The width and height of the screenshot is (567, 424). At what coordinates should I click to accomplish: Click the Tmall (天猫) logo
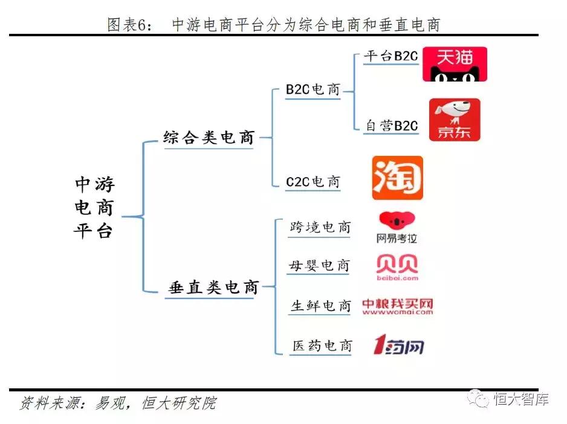[x=454, y=64]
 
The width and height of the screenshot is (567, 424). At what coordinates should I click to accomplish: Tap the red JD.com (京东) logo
[x=455, y=120]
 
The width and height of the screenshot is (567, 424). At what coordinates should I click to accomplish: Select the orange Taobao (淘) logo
[x=397, y=178]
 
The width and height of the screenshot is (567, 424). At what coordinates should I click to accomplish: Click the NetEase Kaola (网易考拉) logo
[x=397, y=228]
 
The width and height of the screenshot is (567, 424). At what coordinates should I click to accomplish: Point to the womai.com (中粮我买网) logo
[x=397, y=307]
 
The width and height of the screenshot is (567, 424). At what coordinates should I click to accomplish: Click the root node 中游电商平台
[x=95, y=208]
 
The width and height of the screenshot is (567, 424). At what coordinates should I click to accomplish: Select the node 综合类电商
[x=209, y=137]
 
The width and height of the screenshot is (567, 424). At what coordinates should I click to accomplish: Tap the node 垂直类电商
[x=213, y=287]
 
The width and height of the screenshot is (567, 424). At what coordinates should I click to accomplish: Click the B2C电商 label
[x=313, y=89]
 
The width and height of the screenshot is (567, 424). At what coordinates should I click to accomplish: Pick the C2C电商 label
[x=313, y=182]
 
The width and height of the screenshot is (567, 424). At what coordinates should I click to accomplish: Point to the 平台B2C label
[x=390, y=57]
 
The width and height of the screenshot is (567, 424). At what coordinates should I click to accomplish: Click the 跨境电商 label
[x=320, y=228]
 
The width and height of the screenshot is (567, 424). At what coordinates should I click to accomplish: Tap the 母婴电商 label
[x=320, y=266]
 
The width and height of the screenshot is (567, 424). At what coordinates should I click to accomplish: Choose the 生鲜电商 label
[x=320, y=306]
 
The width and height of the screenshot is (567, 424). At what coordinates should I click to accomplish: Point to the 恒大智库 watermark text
[x=521, y=399]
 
